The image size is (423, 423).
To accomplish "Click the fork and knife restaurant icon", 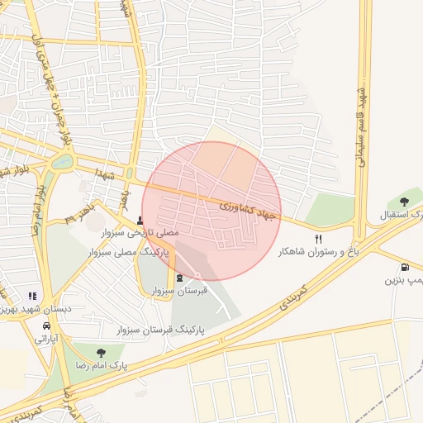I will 319,239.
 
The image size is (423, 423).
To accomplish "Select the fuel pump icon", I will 403,268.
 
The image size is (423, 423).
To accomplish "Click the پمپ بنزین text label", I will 402,281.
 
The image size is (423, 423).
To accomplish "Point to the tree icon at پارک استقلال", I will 404,202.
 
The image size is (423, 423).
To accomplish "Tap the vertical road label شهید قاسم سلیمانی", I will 361,125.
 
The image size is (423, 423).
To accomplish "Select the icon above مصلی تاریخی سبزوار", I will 140,221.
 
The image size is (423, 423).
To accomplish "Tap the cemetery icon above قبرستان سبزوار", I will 180,277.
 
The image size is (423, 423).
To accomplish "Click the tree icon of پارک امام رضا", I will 101,353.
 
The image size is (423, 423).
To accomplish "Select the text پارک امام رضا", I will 100,365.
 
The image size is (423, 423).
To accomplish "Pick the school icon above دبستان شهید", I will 32,295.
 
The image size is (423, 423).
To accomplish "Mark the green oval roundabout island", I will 62,162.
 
